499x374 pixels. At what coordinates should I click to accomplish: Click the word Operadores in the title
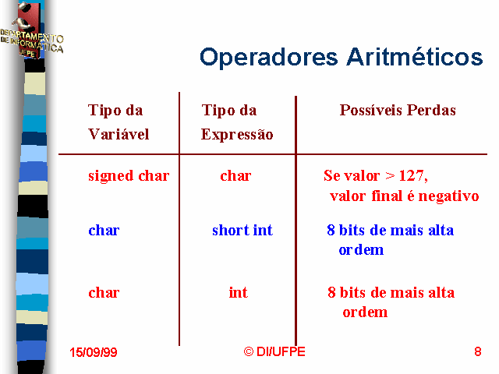[268, 58]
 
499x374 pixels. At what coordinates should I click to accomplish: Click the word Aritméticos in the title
[415, 57]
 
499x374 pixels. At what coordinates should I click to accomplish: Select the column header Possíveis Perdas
[398, 110]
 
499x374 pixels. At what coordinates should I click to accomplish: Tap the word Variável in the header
[119, 134]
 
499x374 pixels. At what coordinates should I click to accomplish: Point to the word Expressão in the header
[237, 134]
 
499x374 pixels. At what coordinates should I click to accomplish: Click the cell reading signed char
[129, 176]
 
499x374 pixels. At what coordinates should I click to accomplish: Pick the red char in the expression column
[235, 176]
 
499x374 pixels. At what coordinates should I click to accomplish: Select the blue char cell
[104, 231]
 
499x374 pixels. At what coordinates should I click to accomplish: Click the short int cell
[242, 230]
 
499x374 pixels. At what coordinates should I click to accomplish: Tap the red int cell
[238, 292]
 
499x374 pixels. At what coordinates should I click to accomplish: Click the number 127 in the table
[411, 175]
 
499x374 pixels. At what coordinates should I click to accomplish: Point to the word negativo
[448, 196]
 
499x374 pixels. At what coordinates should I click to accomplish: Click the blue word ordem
[361, 250]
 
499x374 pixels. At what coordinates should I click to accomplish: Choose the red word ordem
[365, 312]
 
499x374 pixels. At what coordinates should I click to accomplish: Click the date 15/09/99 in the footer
[94, 352]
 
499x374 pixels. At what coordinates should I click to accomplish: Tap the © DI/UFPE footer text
[274, 351]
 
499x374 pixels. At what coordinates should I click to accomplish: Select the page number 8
[478, 351]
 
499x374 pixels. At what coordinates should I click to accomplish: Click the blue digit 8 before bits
[331, 230]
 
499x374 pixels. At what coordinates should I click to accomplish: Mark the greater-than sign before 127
[390, 176]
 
